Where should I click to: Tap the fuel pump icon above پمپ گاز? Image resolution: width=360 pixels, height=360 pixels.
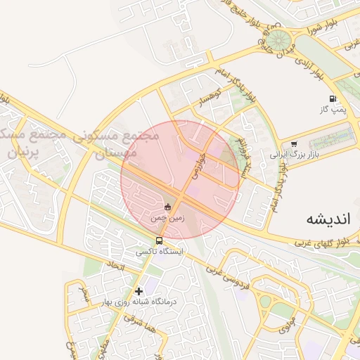[332, 99]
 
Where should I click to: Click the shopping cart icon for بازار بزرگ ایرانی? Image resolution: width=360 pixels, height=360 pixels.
[294, 143]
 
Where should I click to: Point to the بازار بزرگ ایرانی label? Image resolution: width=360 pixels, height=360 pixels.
[295, 153]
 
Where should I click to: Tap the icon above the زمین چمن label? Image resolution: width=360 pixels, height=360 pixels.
[167, 207]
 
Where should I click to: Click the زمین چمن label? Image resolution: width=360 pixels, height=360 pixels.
[167, 219]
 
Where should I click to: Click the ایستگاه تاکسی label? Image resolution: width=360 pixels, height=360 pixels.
[159, 251]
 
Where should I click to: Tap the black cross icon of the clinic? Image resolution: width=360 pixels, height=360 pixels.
[139, 291]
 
